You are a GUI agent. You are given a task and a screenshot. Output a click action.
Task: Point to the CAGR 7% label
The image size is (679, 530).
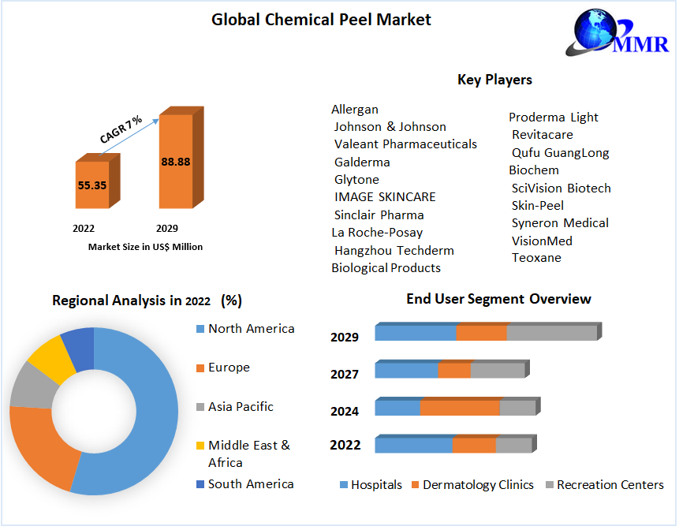point(121,129)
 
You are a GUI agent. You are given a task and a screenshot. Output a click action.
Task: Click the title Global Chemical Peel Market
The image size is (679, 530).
point(321,20)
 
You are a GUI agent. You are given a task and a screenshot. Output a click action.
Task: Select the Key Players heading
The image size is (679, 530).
point(494,80)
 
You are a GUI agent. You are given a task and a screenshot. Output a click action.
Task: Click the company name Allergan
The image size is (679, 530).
point(355,110)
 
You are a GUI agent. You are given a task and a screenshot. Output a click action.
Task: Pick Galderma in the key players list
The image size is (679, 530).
point(362,162)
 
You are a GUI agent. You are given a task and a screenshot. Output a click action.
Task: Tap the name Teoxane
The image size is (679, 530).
point(536,258)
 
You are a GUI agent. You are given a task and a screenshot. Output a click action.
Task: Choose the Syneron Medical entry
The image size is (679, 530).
point(560,223)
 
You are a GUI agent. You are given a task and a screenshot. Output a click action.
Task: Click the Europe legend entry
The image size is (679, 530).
point(229,368)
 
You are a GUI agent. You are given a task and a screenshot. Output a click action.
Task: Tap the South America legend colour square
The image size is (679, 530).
point(200,484)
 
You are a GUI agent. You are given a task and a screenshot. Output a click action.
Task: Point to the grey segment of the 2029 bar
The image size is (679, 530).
point(551,334)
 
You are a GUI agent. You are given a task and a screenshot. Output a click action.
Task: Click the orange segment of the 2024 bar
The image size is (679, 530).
point(460,408)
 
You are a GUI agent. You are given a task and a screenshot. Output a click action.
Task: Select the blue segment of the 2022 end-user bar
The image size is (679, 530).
point(413,446)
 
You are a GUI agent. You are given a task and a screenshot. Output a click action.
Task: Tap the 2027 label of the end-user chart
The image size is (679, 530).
point(345,375)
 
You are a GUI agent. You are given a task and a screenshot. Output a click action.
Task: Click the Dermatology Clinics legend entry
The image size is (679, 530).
point(478,485)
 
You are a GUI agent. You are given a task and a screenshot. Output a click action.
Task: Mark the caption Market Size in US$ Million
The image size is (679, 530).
point(145,247)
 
